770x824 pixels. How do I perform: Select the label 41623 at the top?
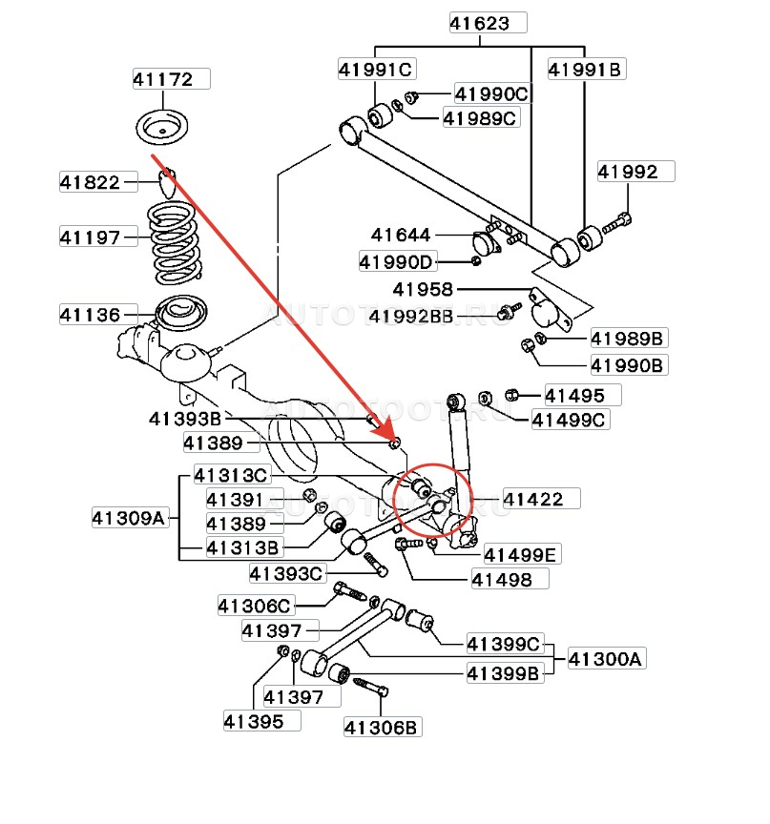click(487, 24)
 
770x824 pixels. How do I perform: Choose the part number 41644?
click(402, 235)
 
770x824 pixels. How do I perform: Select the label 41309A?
click(131, 519)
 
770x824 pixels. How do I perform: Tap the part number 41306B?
click(382, 728)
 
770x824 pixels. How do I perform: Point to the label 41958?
click(422, 289)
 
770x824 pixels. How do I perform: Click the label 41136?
click(91, 314)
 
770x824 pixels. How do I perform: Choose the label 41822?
click(91, 181)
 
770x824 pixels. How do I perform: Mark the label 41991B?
click(585, 69)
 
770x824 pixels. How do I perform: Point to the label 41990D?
click(396, 261)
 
